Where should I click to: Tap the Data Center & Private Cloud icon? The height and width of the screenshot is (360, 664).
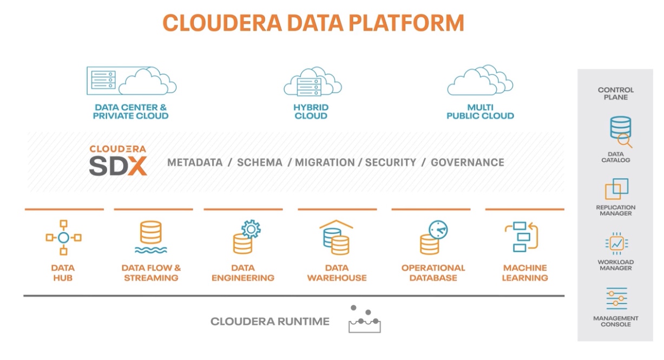pos(132,81)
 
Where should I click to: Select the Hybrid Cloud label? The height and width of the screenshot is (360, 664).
pos(311,112)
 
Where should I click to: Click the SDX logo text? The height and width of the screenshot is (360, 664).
pos(118,166)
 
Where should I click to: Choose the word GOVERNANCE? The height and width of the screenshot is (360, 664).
pos(467,162)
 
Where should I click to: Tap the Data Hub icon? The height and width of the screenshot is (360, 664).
pos(63,237)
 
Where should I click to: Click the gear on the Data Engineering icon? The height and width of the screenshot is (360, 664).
pos(251,229)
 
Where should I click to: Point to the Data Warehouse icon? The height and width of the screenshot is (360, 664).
pos(336,237)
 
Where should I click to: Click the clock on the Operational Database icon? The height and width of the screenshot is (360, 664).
pos(438,230)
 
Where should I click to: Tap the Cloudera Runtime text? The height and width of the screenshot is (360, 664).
pos(270,322)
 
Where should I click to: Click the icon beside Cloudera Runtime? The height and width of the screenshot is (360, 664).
pos(364,319)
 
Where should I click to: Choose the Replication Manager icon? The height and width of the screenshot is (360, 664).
pos(616,189)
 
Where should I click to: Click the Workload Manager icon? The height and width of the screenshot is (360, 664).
pos(616,244)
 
